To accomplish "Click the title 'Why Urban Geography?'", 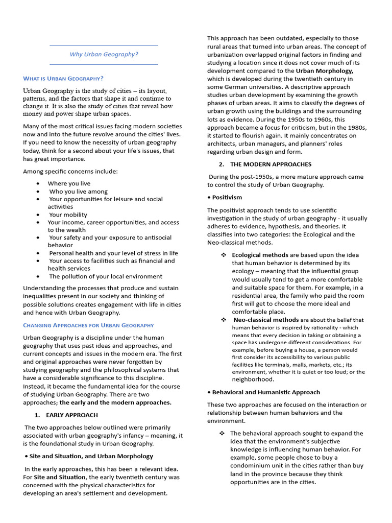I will (104, 55).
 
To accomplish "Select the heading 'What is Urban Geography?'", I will (63, 78).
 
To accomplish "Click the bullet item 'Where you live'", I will (69, 183).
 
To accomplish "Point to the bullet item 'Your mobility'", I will (68, 215).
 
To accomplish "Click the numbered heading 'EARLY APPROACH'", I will (71, 415).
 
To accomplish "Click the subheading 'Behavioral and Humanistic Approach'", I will (264, 392).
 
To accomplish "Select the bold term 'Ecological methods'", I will (260, 255).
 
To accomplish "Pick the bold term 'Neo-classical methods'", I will (266, 320).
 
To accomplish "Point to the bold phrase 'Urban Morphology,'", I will (325, 71).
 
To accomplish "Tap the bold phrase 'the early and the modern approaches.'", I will (115, 402).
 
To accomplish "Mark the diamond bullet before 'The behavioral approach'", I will (222, 433).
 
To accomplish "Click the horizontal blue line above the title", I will (104, 45).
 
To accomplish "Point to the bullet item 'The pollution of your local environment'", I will (106, 276).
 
